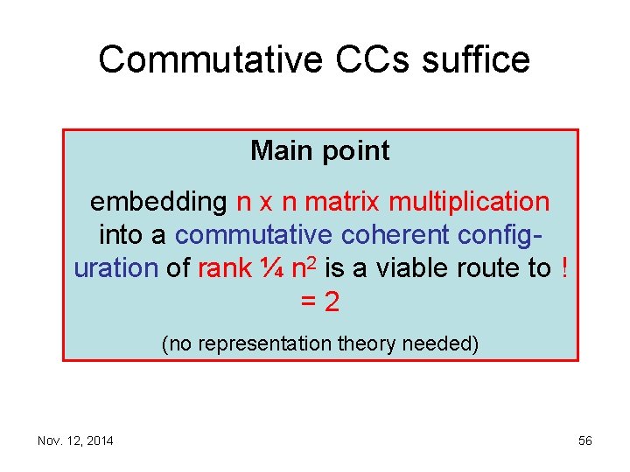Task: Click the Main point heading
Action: pos(319,151)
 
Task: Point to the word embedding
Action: pos(158,202)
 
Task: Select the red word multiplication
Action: pos(469,202)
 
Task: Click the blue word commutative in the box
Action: pos(254,235)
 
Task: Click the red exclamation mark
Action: pos(563,268)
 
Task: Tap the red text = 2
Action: pos(319,302)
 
